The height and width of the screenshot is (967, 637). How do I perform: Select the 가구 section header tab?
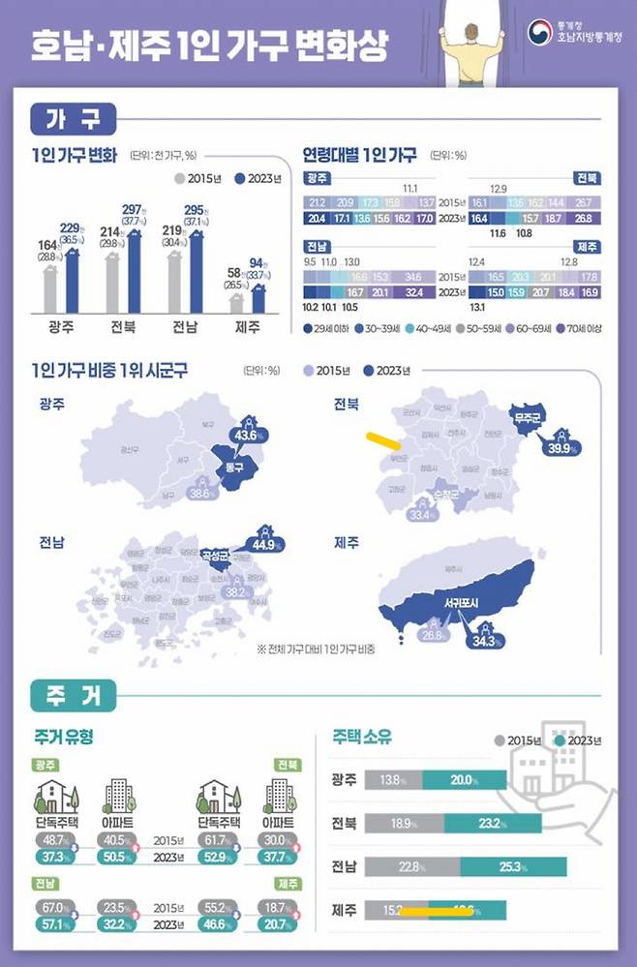click(74, 120)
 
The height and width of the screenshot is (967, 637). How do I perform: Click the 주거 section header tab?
click(74, 693)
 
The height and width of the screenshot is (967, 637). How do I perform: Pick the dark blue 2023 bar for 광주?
click(71, 281)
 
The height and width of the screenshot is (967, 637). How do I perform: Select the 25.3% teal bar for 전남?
click(513, 866)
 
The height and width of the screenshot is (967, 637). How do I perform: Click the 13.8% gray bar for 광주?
click(392, 779)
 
